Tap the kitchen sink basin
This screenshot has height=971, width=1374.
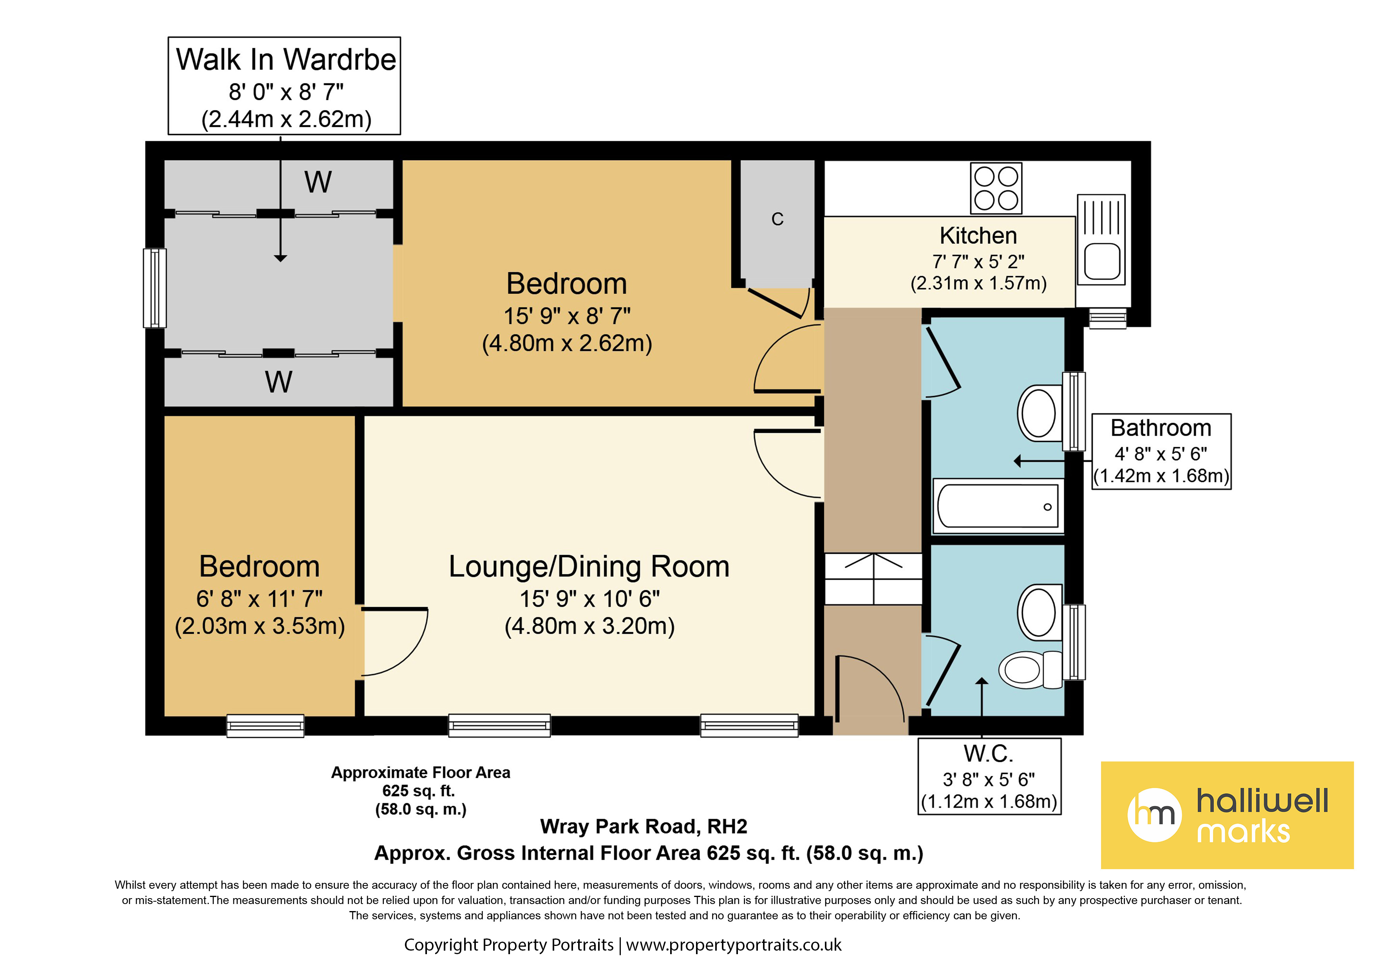(x=1102, y=261)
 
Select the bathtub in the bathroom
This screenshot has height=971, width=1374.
(x=998, y=506)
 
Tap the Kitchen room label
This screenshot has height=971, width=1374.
(x=978, y=236)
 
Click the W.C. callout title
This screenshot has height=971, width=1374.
(x=989, y=754)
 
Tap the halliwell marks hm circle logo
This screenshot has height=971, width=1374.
(x=1154, y=815)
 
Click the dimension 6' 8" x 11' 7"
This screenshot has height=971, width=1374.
(x=259, y=598)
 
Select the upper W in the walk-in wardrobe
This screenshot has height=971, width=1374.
(x=318, y=182)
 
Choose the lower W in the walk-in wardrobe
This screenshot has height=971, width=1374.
(x=279, y=382)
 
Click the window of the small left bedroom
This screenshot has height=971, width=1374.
(x=265, y=726)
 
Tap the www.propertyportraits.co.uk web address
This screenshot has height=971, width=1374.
(x=734, y=945)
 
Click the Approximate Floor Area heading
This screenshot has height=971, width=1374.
(x=421, y=772)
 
